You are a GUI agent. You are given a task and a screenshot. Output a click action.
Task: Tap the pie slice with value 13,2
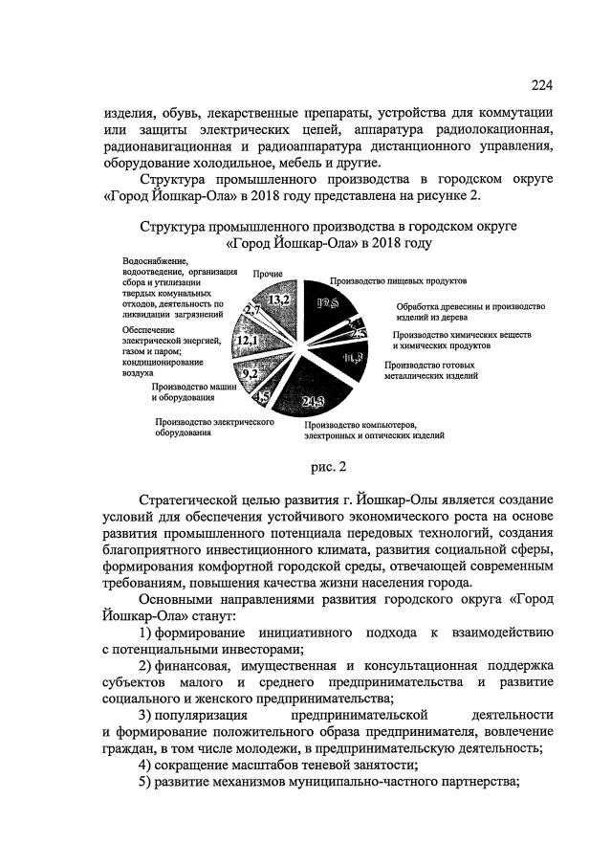click(280, 301)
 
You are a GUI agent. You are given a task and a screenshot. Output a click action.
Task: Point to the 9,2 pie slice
click(250, 374)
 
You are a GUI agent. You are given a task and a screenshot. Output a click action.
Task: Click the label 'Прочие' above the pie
click(269, 275)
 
